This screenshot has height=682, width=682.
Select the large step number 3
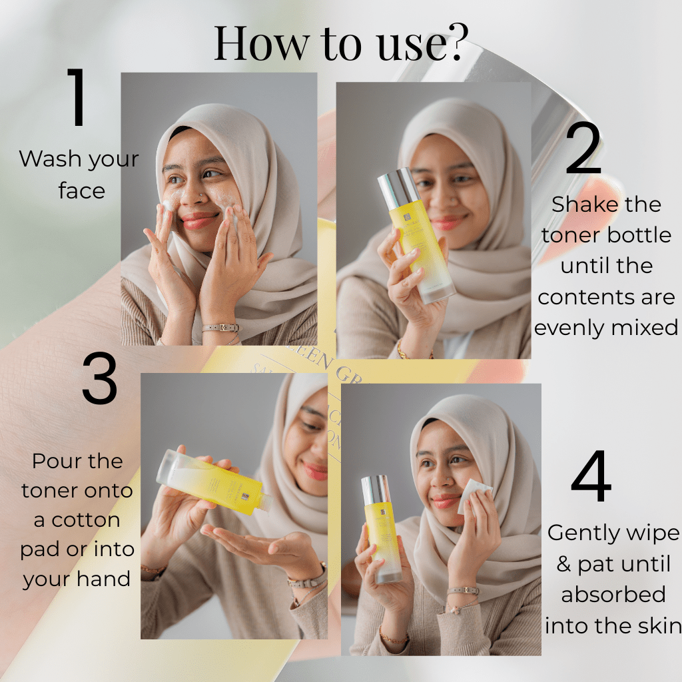(x=99, y=380)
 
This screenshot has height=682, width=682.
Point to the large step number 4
(x=591, y=477)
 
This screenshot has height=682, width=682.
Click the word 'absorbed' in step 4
(x=613, y=595)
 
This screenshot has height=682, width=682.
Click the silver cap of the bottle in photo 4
(x=376, y=490)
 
